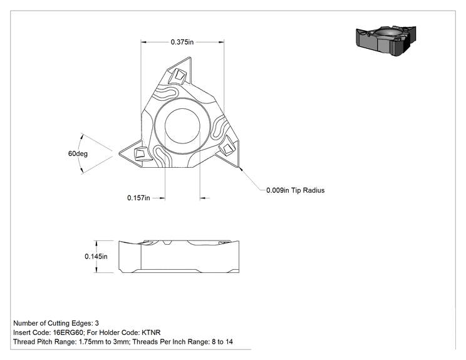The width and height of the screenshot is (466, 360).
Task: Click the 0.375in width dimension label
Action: [x=182, y=42]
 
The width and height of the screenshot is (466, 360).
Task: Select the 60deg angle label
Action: [x=78, y=153]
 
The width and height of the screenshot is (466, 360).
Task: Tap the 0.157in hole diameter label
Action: [x=138, y=198]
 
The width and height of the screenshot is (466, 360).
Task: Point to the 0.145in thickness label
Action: [x=96, y=256]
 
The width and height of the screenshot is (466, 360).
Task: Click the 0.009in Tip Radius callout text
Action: [x=296, y=190]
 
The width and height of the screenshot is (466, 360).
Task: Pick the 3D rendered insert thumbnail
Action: [x=386, y=41]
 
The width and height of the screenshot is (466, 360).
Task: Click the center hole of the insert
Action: [x=182, y=126]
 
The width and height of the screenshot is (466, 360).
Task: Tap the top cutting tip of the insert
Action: [x=190, y=58]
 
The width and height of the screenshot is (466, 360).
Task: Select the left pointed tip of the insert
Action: [x=120, y=153]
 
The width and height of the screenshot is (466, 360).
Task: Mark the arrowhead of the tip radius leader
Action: [x=241, y=169]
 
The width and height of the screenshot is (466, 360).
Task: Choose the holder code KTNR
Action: [x=151, y=332]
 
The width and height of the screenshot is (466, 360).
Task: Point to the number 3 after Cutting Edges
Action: [x=97, y=323]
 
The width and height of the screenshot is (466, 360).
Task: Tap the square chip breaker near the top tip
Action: [x=178, y=75]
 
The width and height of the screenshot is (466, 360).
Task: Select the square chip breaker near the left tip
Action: [x=140, y=154]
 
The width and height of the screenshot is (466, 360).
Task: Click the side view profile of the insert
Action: [x=179, y=257]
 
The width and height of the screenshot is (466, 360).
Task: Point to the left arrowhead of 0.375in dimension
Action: [x=144, y=42]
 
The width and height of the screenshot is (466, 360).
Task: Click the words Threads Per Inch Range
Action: [x=170, y=342]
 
